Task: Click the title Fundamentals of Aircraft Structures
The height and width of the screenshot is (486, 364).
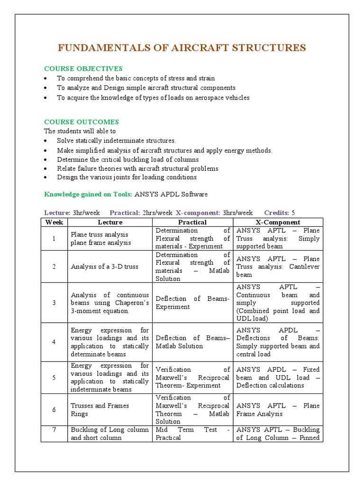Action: point(182,48)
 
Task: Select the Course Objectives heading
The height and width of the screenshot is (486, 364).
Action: point(83,69)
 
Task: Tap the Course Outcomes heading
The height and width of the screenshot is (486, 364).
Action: point(82,122)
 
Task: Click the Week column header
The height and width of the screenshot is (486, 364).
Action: point(54,222)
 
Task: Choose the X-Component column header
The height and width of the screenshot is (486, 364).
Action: point(278,222)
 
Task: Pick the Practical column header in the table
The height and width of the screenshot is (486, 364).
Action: point(192,222)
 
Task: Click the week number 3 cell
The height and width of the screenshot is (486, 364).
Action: point(54,303)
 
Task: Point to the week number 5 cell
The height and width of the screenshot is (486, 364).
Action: point(54,377)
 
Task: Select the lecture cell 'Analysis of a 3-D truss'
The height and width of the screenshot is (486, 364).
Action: point(105,267)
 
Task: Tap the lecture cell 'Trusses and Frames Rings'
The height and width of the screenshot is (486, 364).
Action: point(100,410)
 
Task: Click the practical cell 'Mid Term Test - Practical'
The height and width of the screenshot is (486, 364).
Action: point(192,433)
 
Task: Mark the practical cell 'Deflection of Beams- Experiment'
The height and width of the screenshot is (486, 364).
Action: point(192,303)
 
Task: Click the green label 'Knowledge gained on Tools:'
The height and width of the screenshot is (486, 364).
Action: point(89,194)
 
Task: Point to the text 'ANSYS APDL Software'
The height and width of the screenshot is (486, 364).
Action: point(171,194)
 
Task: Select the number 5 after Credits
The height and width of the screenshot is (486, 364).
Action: point(293,213)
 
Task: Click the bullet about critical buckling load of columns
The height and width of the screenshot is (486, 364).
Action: point(128,159)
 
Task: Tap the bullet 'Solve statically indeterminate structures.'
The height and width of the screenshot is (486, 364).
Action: point(117,140)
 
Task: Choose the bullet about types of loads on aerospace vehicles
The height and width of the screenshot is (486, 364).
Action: point(153,97)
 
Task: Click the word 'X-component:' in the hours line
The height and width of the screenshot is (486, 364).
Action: point(198,213)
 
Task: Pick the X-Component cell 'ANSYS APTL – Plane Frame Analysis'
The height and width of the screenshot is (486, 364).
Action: point(278,410)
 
